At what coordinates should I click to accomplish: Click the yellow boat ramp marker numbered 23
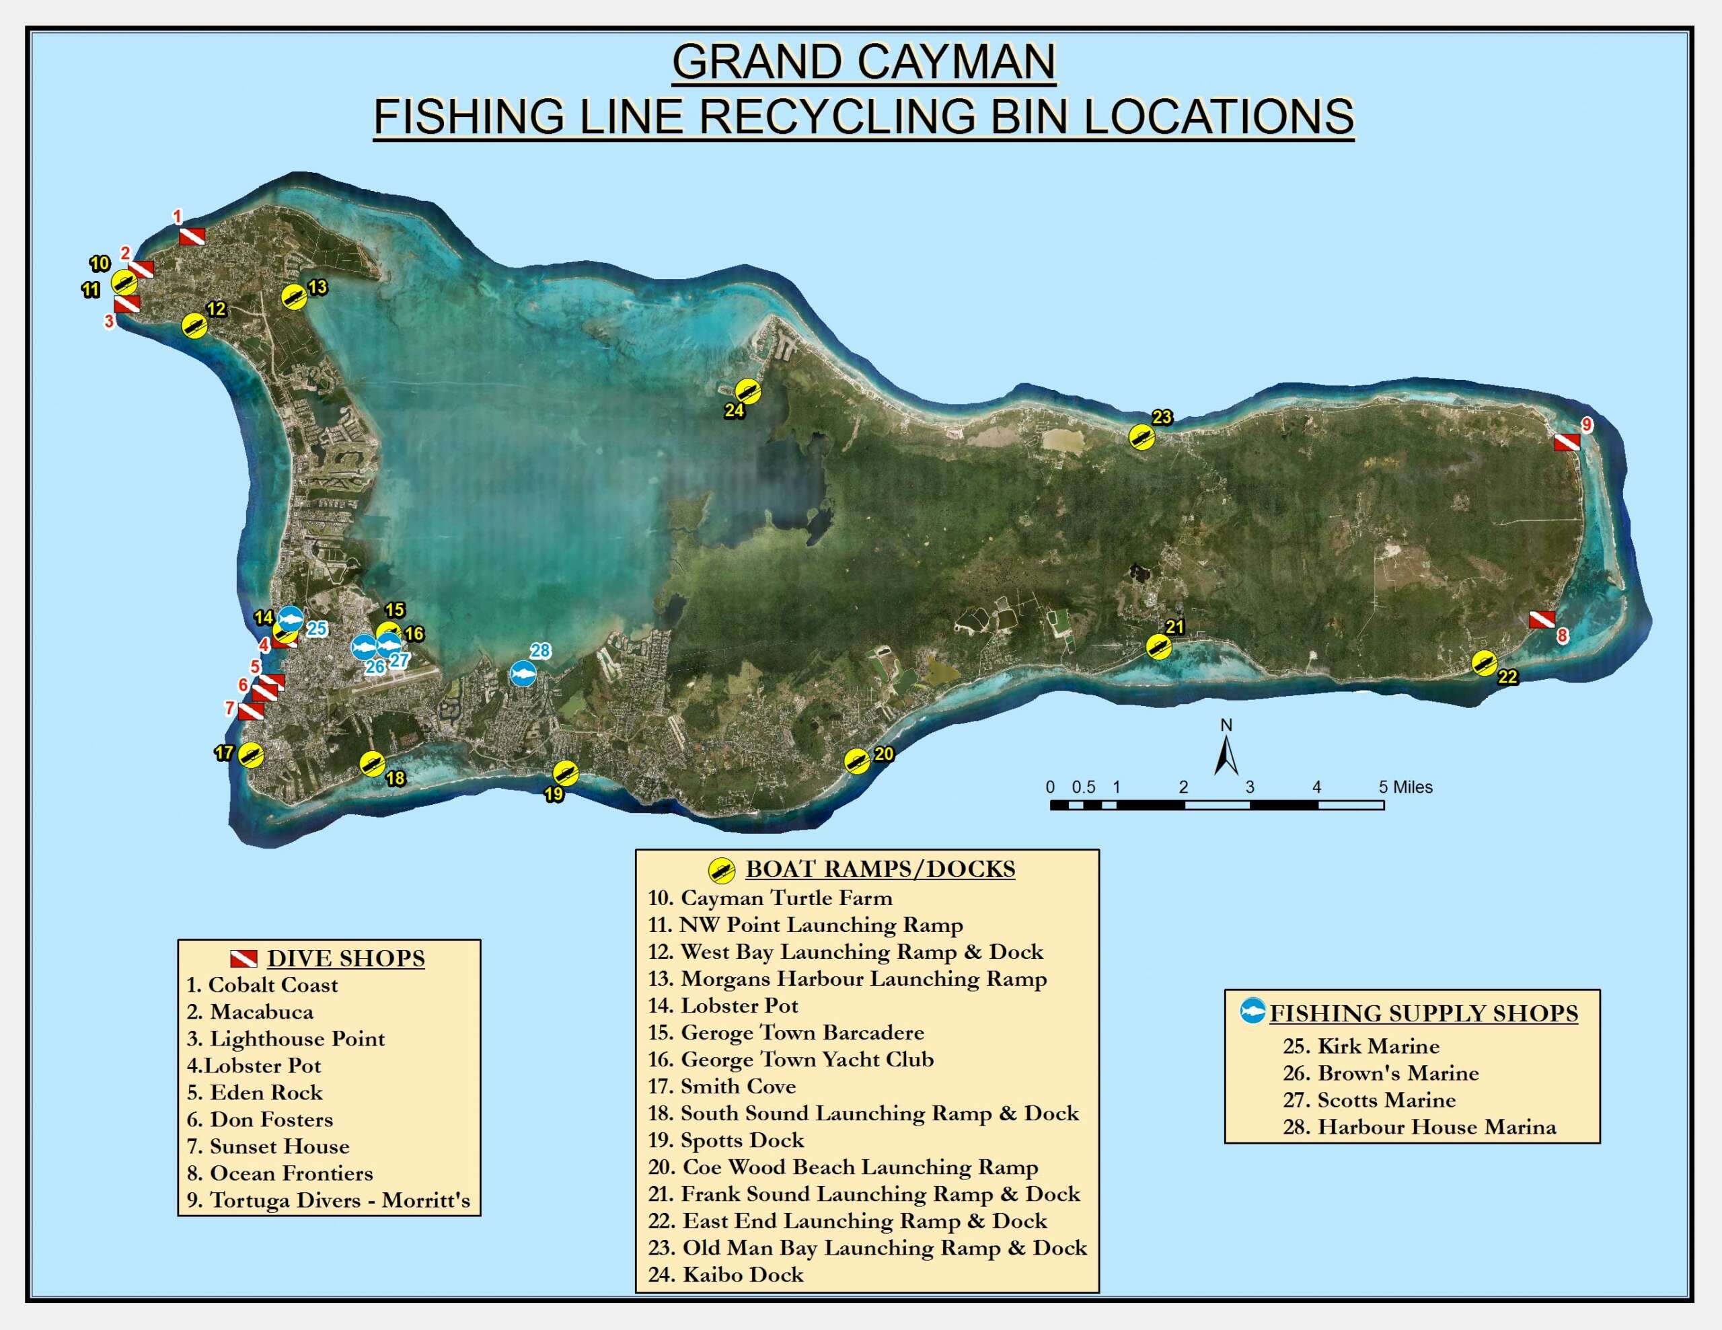(1141, 437)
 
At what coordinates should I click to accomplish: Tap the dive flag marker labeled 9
(1566, 442)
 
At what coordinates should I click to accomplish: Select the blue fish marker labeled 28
(523, 674)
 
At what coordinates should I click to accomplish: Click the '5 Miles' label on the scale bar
(1405, 787)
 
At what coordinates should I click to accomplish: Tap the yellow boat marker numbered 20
(857, 760)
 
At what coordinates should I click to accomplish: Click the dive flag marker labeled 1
(192, 236)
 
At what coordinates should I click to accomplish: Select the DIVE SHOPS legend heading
(345, 958)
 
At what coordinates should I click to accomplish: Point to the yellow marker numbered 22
(1485, 663)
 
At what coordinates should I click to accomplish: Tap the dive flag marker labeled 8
(1542, 620)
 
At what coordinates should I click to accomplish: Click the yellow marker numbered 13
(294, 297)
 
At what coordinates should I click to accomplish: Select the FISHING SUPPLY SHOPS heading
(1423, 1013)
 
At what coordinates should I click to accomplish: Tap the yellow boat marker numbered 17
(251, 755)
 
